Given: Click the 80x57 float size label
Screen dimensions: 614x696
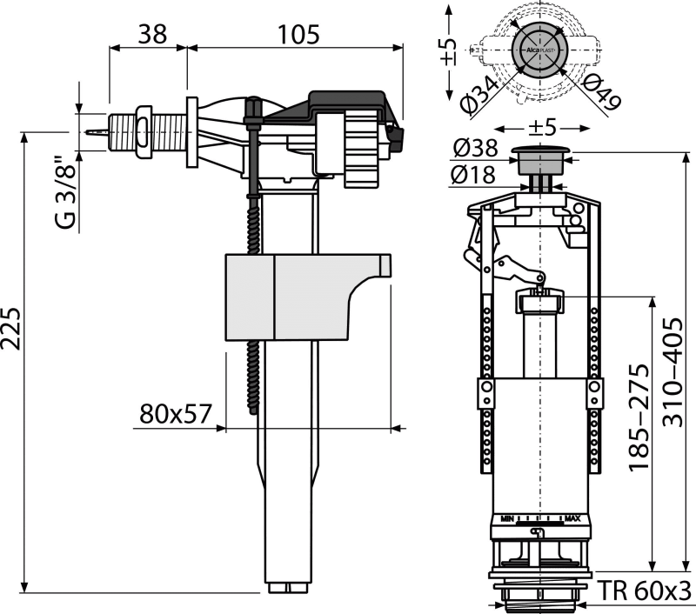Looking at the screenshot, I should (x=173, y=414).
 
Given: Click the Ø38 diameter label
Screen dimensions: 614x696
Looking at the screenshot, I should (x=475, y=150).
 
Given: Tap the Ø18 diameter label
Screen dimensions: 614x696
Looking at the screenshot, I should (x=475, y=172).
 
